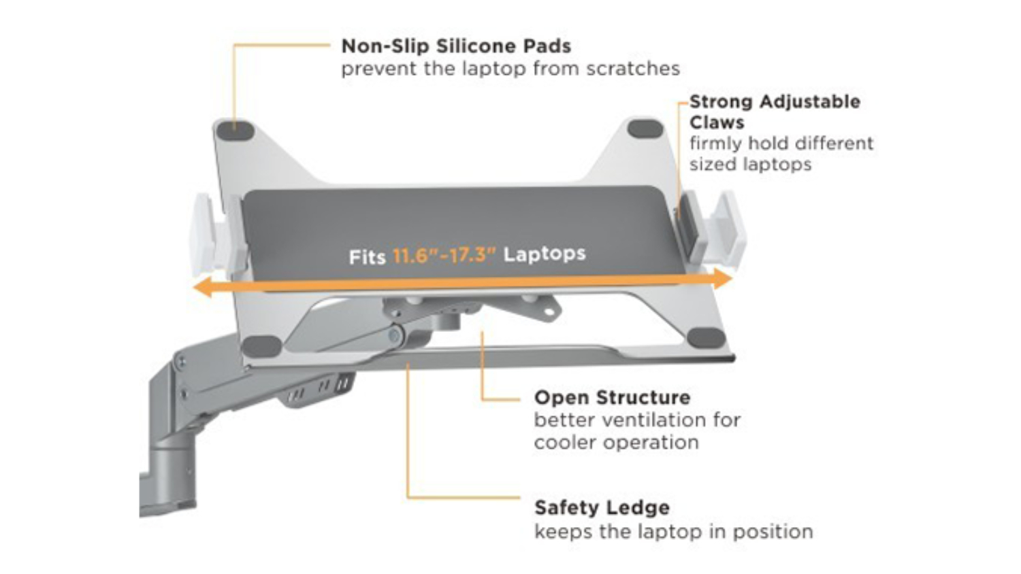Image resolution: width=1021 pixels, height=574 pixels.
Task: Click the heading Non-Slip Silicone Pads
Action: [x=455, y=46]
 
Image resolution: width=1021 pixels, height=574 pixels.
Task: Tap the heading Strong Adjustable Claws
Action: [x=774, y=112]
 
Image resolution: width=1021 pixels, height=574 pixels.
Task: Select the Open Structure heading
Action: [x=612, y=398]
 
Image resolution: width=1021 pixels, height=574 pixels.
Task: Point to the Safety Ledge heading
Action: [x=602, y=508]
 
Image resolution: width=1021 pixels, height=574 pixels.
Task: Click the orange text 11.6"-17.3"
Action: [x=444, y=256]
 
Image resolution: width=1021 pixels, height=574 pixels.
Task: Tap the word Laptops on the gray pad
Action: [x=544, y=254]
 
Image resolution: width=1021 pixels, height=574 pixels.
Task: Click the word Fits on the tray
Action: [x=367, y=258]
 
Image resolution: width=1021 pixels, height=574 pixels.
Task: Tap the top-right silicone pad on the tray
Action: [x=645, y=129]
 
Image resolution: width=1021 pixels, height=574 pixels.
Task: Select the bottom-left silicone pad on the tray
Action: [x=261, y=345]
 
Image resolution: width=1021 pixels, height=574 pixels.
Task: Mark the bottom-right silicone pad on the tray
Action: [x=706, y=337]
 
